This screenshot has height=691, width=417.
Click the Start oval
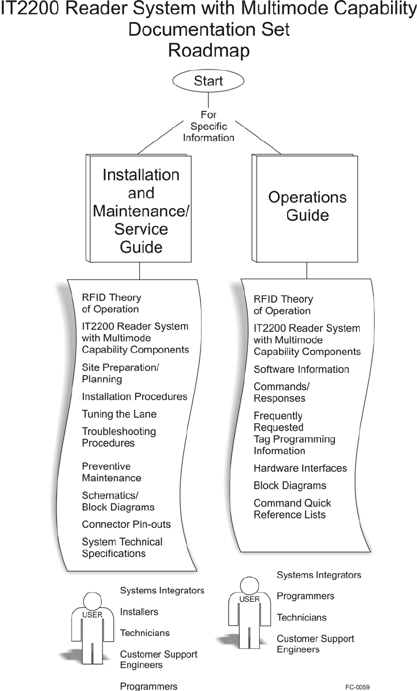[x=208, y=80]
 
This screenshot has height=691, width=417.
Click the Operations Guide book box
[x=307, y=206]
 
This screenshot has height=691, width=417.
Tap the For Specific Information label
[x=208, y=126]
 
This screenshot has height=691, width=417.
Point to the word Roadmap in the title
[x=208, y=50]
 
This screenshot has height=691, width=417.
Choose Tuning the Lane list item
[x=119, y=414]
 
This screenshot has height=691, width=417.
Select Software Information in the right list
[x=301, y=369]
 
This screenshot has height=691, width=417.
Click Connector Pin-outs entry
[x=126, y=524]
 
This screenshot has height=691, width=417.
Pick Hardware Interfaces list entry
[x=300, y=468]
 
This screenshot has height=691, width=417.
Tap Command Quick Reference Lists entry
[x=292, y=509]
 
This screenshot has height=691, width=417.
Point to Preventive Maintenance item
[x=111, y=472]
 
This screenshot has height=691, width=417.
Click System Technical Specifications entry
[x=122, y=548]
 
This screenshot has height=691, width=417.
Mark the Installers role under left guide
[x=139, y=612]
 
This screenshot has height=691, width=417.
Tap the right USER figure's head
[x=249, y=585]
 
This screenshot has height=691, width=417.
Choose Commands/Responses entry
[x=280, y=393]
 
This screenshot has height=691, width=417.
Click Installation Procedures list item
[x=135, y=397]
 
